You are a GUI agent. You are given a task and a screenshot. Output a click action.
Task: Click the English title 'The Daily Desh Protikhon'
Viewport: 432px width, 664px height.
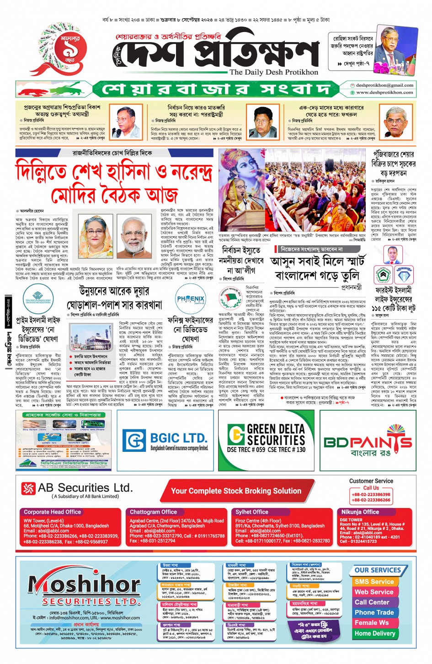[x=274, y=72]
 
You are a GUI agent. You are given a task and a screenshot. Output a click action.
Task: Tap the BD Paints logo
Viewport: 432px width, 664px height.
[x=368, y=442]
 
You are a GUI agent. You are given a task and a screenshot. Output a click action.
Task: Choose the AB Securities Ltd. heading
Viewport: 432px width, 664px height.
[x=85, y=488]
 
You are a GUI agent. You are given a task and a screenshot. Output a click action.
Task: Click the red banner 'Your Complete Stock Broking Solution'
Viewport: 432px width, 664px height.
[x=236, y=491]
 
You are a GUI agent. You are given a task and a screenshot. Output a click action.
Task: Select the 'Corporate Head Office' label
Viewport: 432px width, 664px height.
[x=53, y=512]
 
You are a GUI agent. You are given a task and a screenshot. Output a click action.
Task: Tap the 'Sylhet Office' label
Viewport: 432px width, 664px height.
[x=252, y=512]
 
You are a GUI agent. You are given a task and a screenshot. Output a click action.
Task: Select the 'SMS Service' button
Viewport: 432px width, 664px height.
[x=374, y=582]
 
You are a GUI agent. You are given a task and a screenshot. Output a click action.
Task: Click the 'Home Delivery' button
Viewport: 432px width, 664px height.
[x=375, y=633]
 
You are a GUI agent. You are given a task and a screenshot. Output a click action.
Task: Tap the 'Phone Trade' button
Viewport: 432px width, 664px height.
[x=374, y=612]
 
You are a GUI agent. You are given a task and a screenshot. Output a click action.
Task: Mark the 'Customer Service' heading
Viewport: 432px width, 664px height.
[x=371, y=481]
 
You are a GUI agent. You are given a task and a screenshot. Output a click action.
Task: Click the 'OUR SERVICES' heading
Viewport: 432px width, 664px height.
[x=378, y=570]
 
